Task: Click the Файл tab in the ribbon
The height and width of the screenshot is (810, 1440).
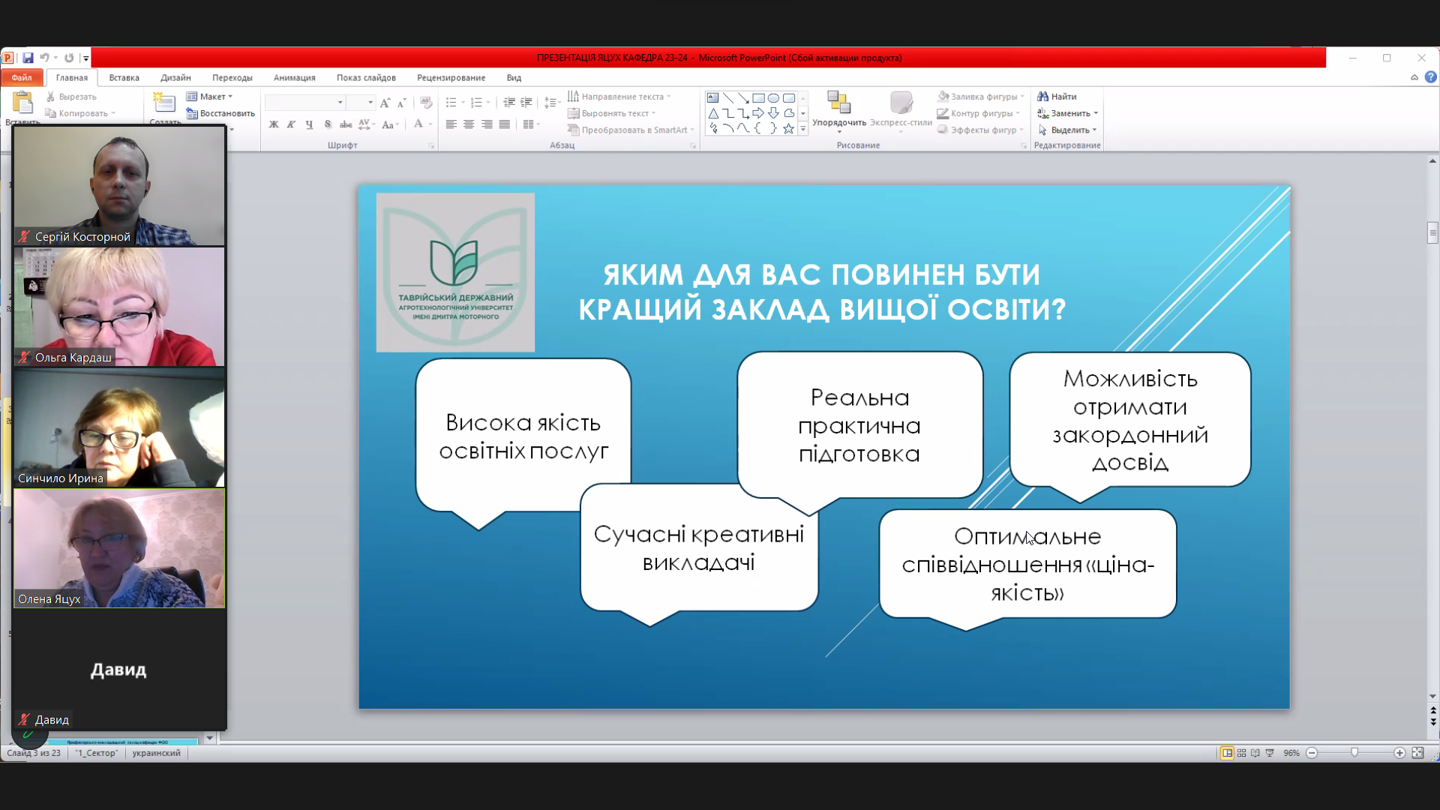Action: point(21,77)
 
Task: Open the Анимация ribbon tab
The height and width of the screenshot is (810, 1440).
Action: point(294,77)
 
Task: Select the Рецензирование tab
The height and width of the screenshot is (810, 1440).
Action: point(451,77)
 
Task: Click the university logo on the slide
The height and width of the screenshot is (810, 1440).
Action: point(455,272)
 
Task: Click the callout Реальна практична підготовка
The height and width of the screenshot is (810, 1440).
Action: point(859,424)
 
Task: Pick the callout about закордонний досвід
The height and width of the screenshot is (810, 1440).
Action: point(1129,420)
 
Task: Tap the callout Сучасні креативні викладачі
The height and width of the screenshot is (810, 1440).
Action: point(698,548)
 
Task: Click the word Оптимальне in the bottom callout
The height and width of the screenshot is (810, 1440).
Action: point(1027,536)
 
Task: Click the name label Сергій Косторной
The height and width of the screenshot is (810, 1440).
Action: point(82,236)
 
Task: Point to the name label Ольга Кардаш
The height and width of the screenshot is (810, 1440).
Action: point(73,357)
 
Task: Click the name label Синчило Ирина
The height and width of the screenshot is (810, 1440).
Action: point(60,478)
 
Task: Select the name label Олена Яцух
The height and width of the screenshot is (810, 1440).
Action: point(49,598)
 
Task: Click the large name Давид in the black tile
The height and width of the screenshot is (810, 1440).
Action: point(118,669)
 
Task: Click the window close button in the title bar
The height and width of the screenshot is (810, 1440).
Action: point(1421,58)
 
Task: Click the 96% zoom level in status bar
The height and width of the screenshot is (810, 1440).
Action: point(1291,752)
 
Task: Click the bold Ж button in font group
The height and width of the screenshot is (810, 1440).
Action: point(274,124)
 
